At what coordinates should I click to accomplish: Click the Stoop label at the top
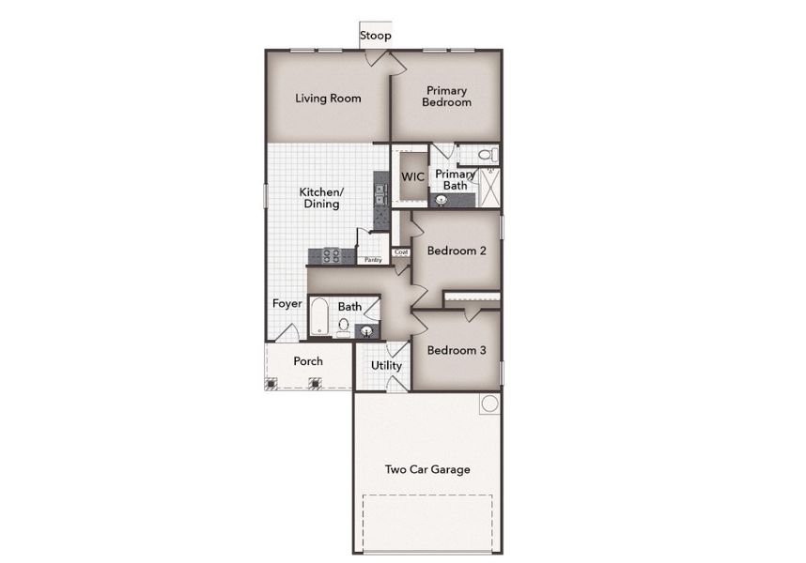pos(376,36)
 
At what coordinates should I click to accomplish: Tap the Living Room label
pos(328,98)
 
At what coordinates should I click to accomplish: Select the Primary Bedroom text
pos(446,97)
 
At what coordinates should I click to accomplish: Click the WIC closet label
pos(412,176)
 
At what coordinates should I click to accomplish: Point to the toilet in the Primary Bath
pos(487,155)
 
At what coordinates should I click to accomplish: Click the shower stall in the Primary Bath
pos(488,188)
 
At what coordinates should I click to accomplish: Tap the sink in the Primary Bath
pos(442,200)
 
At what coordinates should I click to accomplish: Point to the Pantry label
pos(373,259)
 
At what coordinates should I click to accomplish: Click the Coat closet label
pos(401,251)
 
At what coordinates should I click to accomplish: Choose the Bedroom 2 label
pos(456,251)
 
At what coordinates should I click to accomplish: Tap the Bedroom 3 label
pos(456,350)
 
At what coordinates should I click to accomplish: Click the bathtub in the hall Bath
pos(319,317)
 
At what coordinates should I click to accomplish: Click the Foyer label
pos(287,303)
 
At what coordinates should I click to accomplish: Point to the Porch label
pos(308,361)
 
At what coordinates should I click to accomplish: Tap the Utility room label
pos(386,365)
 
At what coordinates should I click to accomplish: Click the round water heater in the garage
pos(489,404)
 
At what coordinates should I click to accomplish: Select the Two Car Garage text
pos(427,469)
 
